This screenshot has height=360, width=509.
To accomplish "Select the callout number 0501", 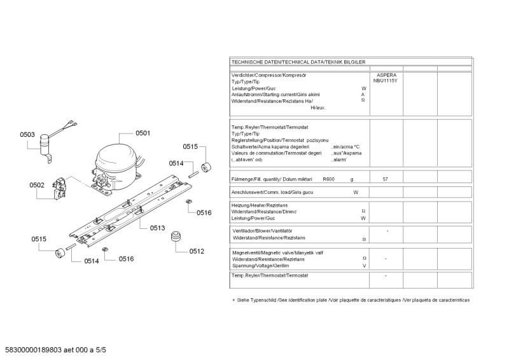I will click(143, 133).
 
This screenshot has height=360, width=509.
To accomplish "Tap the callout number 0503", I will click(27, 134).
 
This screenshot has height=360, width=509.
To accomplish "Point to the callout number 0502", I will click(37, 185).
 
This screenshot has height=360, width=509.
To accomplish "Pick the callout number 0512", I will click(196, 251).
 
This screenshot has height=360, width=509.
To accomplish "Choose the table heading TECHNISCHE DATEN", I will click(298, 61).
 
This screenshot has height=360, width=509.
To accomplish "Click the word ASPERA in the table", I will click(386, 75).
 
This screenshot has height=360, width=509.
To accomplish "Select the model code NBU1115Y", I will click(386, 81).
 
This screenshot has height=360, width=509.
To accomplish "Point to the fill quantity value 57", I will click(386, 179).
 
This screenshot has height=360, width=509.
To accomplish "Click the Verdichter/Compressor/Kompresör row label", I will click(268, 75).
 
